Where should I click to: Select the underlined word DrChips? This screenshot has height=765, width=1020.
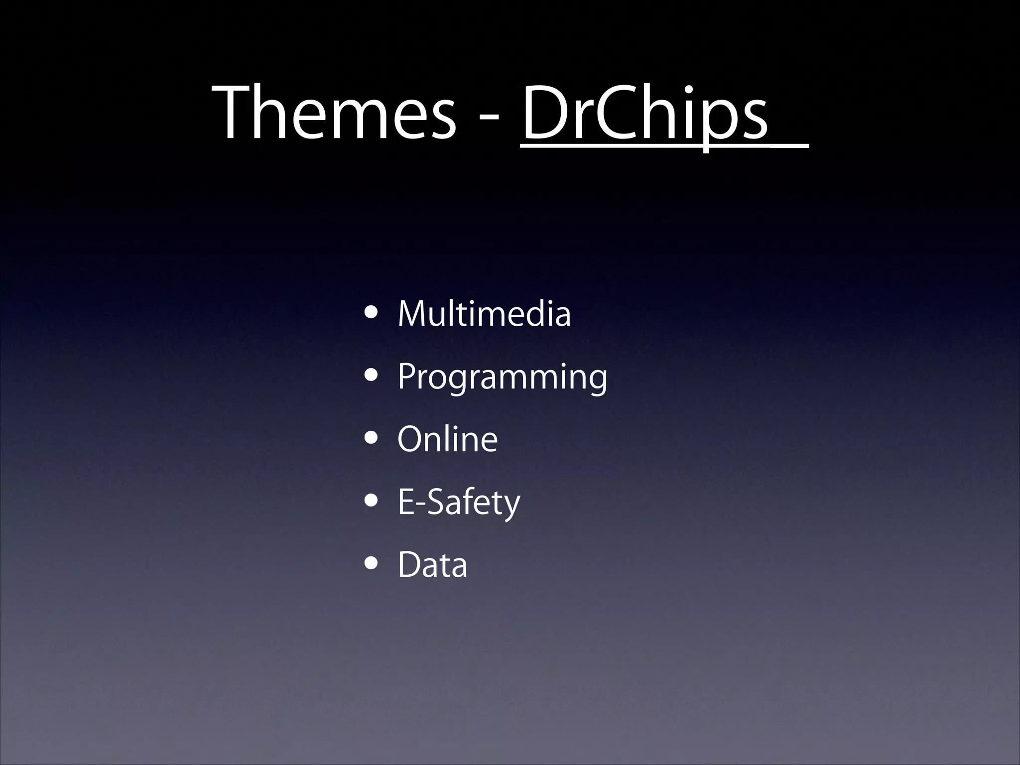click(645, 114)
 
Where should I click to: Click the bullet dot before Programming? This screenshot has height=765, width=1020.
click(371, 376)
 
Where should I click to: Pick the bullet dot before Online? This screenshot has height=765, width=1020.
click(371, 439)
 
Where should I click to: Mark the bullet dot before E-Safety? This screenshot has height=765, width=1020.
click(371, 502)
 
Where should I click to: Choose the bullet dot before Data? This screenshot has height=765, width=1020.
click(371, 564)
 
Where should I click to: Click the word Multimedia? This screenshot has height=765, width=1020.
click(484, 314)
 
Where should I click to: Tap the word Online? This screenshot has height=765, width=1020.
click(447, 439)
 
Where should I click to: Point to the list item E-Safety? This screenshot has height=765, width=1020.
click(459, 503)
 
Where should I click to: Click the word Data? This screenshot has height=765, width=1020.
click(432, 565)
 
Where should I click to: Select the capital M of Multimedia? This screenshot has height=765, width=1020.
click(413, 314)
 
